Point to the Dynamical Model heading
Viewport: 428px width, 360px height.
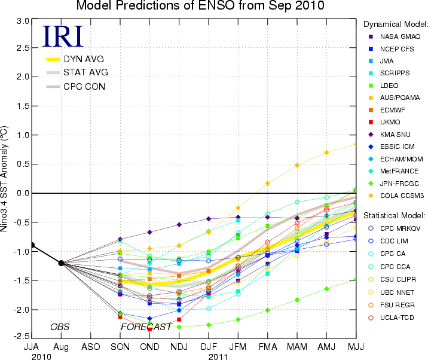[396, 24]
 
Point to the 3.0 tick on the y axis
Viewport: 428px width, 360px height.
[23, 21]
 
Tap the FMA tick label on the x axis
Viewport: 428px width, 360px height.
[268, 347]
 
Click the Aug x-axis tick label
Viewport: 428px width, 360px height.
[61, 347]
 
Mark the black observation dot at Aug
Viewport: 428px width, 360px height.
[61, 263]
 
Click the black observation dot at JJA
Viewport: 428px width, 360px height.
[32, 245]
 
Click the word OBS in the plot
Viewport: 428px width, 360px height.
[60, 327]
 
